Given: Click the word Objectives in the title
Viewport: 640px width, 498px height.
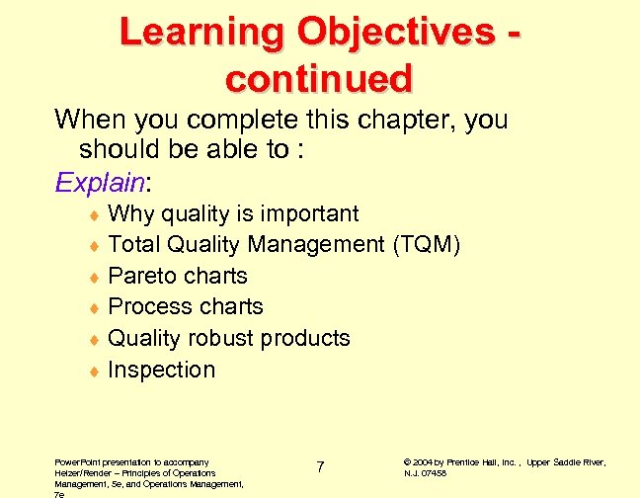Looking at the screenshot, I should pyautogui.click(x=390, y=34).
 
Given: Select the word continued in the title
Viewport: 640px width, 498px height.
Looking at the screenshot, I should pyautogui.click(x=319, y=77).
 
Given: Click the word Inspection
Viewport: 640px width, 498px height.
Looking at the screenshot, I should pyautogui.click(x=161, y=370).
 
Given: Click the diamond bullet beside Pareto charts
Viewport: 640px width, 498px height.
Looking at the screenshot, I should pyautogui.click(x=93, y=277).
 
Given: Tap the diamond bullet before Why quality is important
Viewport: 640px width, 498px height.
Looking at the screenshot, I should pyautogui.click(x=93, y=214).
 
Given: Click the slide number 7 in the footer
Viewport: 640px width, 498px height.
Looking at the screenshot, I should pyautogui.click(x=320, y=466).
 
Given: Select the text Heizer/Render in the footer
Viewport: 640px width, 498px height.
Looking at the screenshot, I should pyautogui.click(x=81, y=473).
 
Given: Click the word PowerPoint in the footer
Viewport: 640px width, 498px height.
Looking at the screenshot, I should pyautogui.click(x=77, y=461).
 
